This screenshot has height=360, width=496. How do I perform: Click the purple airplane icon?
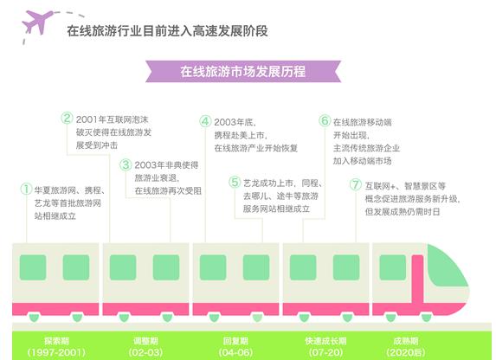(37, 22)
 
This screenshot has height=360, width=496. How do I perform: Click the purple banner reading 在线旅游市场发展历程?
(243, 72)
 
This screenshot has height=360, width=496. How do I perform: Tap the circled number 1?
(26, 190)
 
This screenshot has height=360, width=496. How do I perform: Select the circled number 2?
(67, 119)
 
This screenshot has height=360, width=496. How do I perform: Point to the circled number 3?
(126, 164)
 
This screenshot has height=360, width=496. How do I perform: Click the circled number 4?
(205, 121)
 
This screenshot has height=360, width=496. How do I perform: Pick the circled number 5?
(235, 183)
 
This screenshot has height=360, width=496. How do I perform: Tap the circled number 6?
(325, 120)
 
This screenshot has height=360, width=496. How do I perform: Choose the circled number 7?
(356, 184)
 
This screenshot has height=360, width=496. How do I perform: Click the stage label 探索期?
(56, 341)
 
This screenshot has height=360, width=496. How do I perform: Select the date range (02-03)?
(145, 352)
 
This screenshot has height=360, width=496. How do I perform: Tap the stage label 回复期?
(235, 341)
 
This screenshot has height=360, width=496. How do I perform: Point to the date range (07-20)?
(325, 352)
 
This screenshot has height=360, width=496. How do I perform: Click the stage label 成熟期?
(406, 341)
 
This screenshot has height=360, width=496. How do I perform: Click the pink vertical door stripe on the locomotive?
(417, 280)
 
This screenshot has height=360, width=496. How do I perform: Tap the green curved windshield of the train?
(446, 265)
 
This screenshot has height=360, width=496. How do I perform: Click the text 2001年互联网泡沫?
(112, 119)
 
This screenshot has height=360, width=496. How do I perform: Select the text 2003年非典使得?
(166, 165)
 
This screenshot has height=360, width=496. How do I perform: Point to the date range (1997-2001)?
(56, 352)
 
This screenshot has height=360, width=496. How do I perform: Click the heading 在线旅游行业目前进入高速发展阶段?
(167, 31)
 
